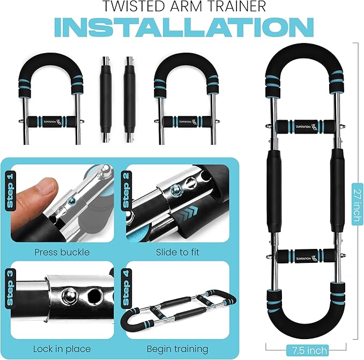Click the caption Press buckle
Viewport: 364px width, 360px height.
[62, 251]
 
